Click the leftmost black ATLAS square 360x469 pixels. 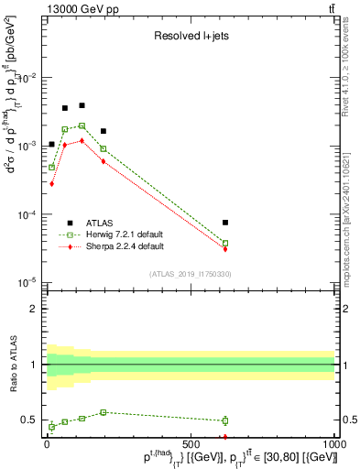pos(52,144)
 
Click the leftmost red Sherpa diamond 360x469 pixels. pos(52,183)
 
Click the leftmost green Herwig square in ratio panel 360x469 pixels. pos(52,427)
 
